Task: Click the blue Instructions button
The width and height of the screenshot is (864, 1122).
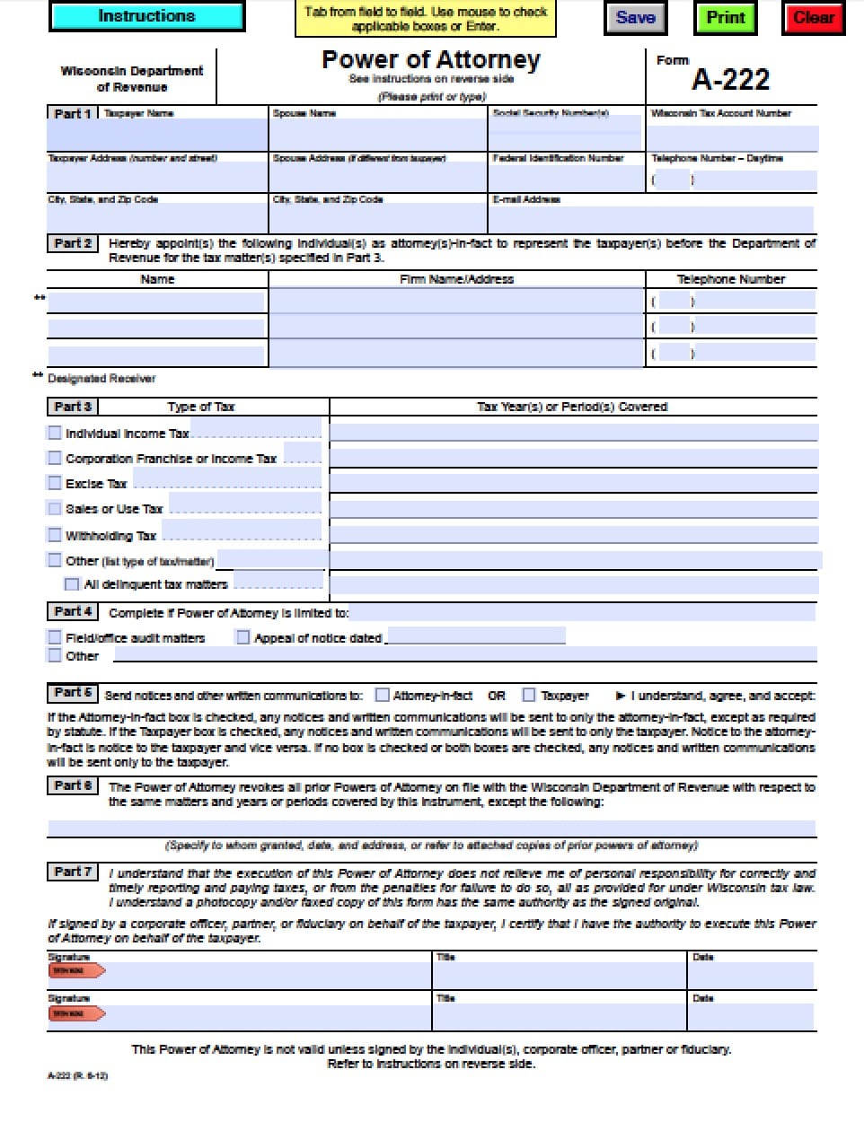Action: tap(146, 16)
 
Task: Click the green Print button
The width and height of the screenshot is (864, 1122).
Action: tap(725, 18)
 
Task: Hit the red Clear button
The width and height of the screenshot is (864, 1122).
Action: tap(814, 18)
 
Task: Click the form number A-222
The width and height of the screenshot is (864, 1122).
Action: tap(730, 80)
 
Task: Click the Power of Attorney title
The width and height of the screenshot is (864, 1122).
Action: tap(431, 60)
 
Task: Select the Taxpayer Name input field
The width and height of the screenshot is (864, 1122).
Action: tap(157, 136)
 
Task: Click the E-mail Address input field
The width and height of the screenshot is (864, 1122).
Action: tap(651, 219)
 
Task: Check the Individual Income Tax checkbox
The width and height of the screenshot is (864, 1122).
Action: tap(55, 433)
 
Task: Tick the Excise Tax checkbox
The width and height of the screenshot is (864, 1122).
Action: tap(55, 483)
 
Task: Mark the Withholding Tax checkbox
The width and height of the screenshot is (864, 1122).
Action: tap(55, 535)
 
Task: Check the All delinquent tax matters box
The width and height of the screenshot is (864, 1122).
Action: tap(72, 584)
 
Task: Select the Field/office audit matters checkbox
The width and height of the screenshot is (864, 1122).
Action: tap(55, 637)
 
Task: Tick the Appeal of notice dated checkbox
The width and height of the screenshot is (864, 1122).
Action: tap(242, 637)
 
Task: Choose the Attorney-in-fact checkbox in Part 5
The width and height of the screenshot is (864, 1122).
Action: tap(383, 695)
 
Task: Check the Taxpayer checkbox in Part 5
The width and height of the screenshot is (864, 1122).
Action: tap(529, 695)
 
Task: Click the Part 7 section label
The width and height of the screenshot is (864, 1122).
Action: tap(72, 872)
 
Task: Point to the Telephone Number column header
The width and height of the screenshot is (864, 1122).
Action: tap(730, 279)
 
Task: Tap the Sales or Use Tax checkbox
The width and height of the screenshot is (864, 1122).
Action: tap(55, 508)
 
